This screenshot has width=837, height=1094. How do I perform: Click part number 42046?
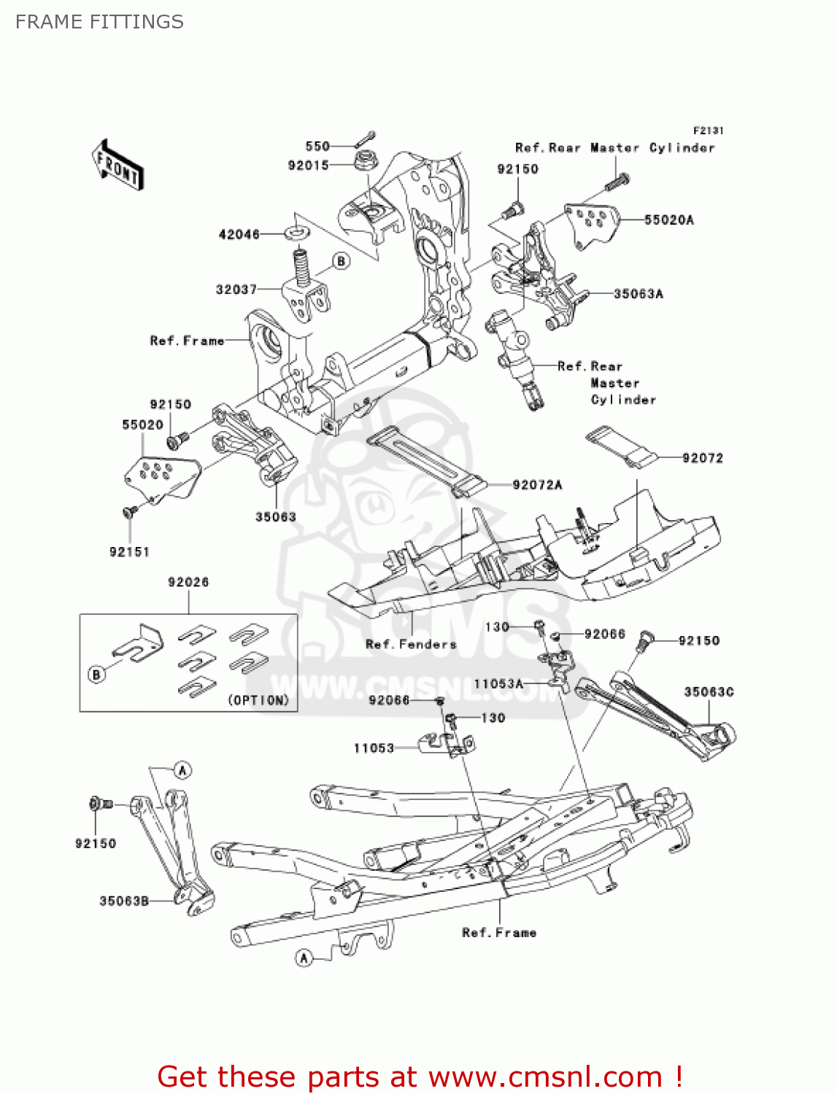coord(239,234)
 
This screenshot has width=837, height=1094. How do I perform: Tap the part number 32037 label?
coord(236,290)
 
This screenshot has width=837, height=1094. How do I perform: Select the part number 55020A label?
coord(668,220)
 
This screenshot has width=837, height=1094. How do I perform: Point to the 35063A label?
coord(638,294)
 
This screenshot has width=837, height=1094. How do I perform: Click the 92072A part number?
coord(537,485)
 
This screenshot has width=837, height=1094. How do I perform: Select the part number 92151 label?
coord(129,552)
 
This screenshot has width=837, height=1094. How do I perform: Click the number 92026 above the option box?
coord(188,582)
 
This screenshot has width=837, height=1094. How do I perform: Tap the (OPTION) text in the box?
coord(259,700)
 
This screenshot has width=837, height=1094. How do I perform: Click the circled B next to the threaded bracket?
coord(341,260)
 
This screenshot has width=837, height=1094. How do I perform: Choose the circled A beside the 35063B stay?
coord(182,770)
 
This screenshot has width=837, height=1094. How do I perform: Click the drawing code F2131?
coord(708,131)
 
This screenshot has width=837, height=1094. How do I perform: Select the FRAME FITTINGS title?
coord(99,22)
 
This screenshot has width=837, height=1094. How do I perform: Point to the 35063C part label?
coord(709,691)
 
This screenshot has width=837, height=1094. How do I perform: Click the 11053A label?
coord(498,684)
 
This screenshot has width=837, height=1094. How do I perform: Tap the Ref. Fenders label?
coord(411,644)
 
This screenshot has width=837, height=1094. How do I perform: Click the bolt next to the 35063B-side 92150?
coord(99,804)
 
